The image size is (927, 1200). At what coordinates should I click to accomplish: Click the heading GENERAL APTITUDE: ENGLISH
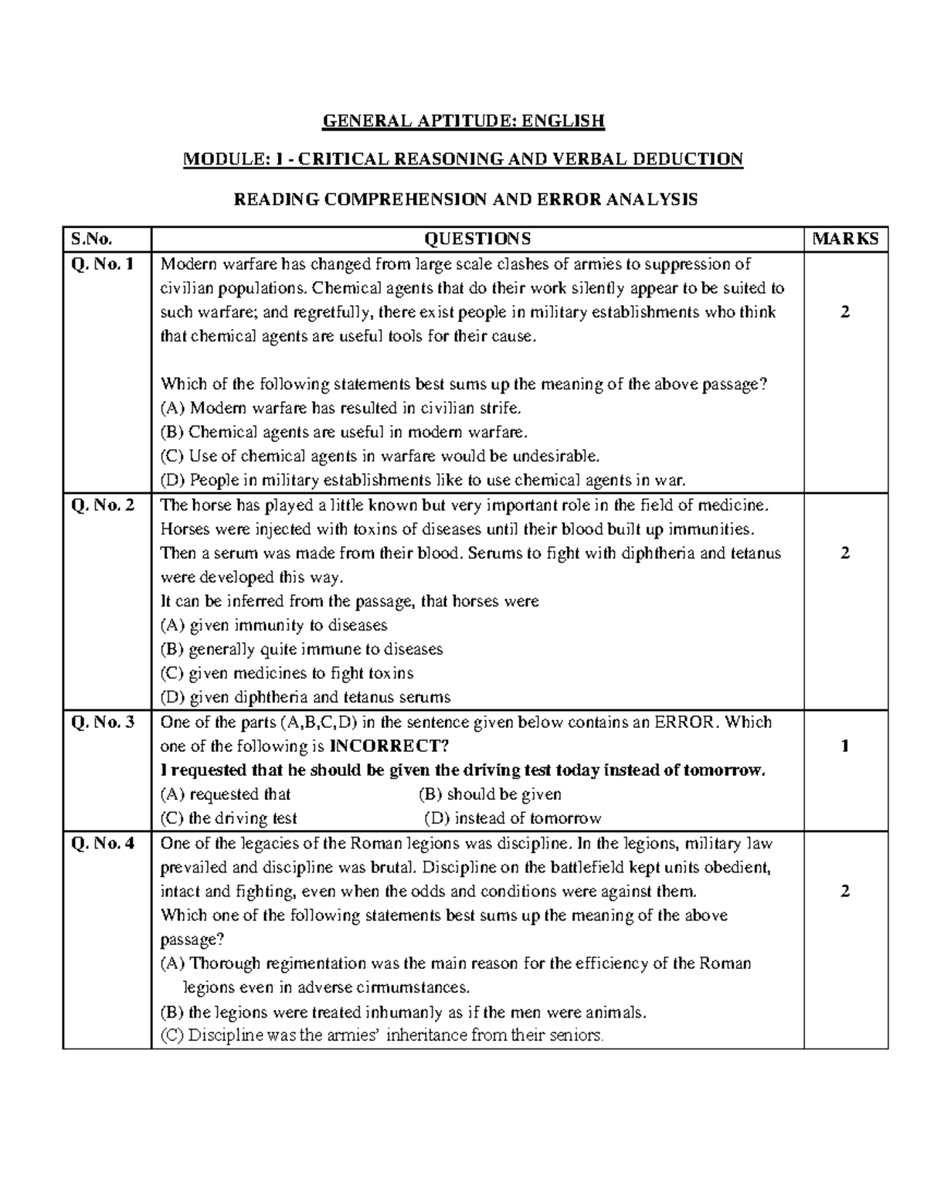tap(463, 121)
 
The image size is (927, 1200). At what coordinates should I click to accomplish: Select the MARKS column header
tap(845, 239)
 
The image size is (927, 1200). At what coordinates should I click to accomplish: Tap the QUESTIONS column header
tap(477, 239)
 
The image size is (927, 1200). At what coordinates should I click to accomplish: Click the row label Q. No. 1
tap(103, 264)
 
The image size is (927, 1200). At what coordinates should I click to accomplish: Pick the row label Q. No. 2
tap(103, 505)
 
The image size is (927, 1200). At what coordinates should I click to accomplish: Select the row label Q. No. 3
tap(103, 722)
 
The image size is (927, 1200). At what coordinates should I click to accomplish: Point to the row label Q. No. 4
tap(103, 843)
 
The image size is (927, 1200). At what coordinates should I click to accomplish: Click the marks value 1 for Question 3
tap(845, 746)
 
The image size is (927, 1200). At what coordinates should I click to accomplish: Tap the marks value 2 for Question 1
tap(845, 312)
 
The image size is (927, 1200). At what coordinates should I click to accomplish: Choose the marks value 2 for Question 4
tap(845, 891)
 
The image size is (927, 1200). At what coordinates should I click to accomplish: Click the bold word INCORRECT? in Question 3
tap(389, 746)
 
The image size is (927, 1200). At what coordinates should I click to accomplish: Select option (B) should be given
tap(490, 794)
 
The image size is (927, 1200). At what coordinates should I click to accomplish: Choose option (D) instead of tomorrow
tap(512, 818)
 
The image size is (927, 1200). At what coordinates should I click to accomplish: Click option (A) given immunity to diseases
tap(273, 625)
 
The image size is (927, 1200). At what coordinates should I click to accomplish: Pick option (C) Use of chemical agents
tap(379, 456)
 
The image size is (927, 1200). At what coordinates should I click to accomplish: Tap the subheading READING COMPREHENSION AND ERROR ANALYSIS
tap(465, 199)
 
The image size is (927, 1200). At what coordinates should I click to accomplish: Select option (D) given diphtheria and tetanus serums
tap(305, 697)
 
